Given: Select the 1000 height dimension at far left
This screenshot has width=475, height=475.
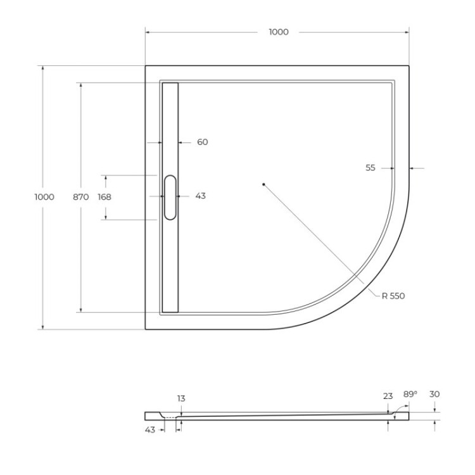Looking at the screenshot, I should pyautogui.click(x=44, y=197).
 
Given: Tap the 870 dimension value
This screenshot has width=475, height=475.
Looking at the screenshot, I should pyautogui.click(x=80, y=197).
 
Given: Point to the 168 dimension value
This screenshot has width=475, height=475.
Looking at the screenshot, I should pyautogui.click(x=104, y=197).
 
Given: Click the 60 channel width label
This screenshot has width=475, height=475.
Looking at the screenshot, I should pyautogui.click(x=202, y=142).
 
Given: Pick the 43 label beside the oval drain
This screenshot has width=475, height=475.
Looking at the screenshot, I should pyautogui.click(x=200, y=196).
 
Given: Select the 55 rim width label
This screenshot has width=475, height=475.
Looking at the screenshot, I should pyautogui.click(x=370, y=168).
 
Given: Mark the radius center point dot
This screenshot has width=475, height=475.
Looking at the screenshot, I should pyautogui.click(x=263, y=184).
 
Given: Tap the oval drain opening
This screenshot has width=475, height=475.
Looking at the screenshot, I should pyautogui.click(x=170, y=197).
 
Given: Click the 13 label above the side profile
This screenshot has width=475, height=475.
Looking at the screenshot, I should pyautogui.click(x=181, y=398).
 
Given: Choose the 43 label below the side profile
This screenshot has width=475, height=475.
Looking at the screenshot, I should pyautogui.click(x=150, y=430).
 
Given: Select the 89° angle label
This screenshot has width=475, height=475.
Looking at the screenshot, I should pyautogui.click(x=410, y=394).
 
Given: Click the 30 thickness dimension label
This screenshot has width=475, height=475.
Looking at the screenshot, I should pyautogui.click(x=434, y=394).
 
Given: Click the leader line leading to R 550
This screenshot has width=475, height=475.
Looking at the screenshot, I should pyautogui.click(x=317, y=237).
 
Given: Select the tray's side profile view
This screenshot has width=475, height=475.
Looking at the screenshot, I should pyautogui.click(x=279, y=416).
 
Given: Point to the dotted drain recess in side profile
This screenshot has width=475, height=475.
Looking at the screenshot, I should pyautogui.click(x=170, y=418).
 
